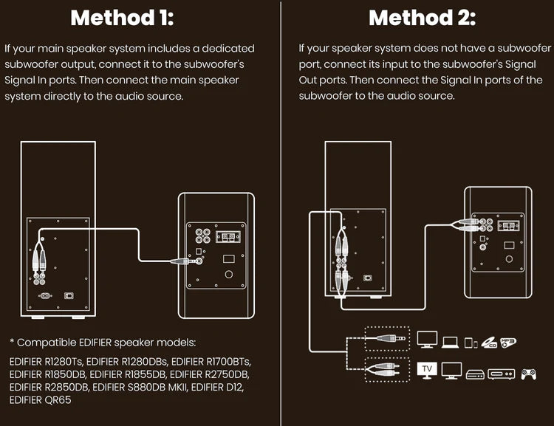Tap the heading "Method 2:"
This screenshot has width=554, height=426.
422,18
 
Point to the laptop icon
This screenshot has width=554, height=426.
450,341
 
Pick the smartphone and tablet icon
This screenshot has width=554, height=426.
470,342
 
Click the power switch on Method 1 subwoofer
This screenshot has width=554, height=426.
69,295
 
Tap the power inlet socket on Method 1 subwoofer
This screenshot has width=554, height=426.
44,296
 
